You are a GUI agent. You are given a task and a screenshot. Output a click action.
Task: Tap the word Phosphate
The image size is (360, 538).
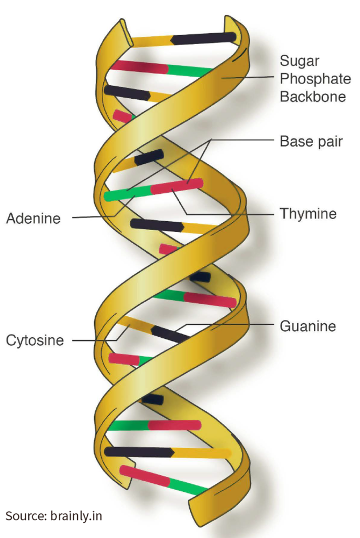pyautogui.click(x=315, y=79)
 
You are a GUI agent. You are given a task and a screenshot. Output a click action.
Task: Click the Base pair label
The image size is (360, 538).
pyautogui.click(x=311, y=141)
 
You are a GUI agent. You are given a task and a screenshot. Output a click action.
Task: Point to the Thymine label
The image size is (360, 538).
pyautogui.click(x=308, y=214)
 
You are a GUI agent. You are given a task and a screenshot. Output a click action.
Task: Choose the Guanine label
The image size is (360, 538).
pyautogui.click(x=308, y=326)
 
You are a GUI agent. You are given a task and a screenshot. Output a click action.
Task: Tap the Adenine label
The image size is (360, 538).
pyautogui.click(x=33, y=219)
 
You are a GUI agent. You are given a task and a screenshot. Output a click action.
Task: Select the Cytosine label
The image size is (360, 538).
pyautogui.click(x=35, y=340)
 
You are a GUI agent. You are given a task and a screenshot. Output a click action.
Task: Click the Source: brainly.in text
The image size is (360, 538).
pyautogui.click(x=54, y=516)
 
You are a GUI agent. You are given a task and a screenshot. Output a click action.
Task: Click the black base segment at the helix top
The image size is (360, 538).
pyautogui.click(x=204, y=38)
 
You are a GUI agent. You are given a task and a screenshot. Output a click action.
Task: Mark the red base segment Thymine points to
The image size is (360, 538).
pyautogui.click(x=177, y=186)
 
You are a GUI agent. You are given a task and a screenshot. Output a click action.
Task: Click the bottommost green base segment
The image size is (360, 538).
pyautogui.click(x=188, y=487)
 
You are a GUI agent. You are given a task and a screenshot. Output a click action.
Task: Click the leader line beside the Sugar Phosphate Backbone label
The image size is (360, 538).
pyautogui.click(x=248, y=78)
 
